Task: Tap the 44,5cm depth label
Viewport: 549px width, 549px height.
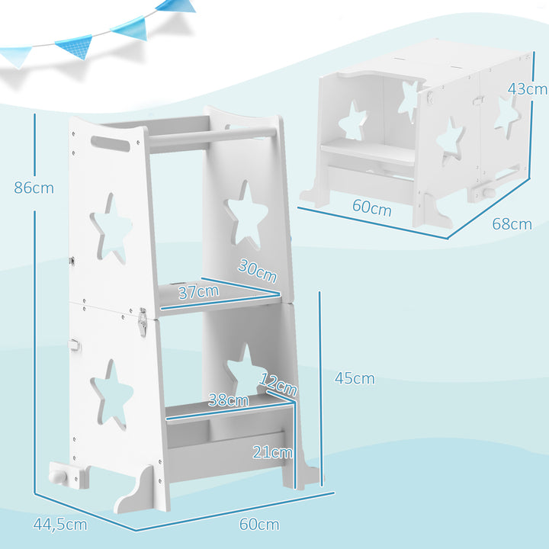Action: pyautogui.click(x=59, y=524)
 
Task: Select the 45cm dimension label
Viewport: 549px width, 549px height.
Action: pyautogui.click(x=355, y=378)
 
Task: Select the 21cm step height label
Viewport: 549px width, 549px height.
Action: pyautogui.click(x=271, y=451)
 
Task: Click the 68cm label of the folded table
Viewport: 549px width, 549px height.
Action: pyautogui.click(x=511, y=224)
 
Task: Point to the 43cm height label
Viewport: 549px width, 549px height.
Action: pyautogui.click(x=527, y=88)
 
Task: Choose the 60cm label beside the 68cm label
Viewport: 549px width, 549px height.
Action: pyautogui.click(x=371, y=207)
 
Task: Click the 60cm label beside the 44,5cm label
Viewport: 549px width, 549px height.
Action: pyautogui.click(x=258, y=524)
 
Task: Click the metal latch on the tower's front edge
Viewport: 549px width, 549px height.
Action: pyautogui.click(x=142, y=323)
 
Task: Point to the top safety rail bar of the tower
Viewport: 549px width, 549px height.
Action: pyautogui.click(x=213, y=132)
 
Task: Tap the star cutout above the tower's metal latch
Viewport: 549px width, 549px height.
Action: pyautogui.click(x=112, y=229)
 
